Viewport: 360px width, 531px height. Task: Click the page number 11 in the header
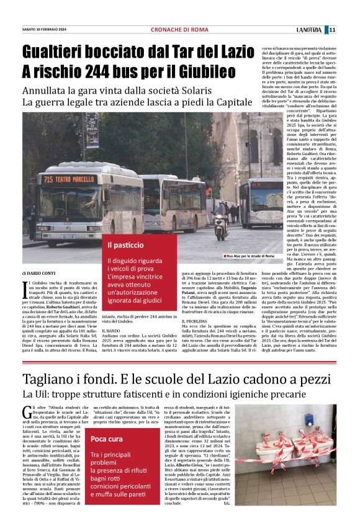pos(332,30)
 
